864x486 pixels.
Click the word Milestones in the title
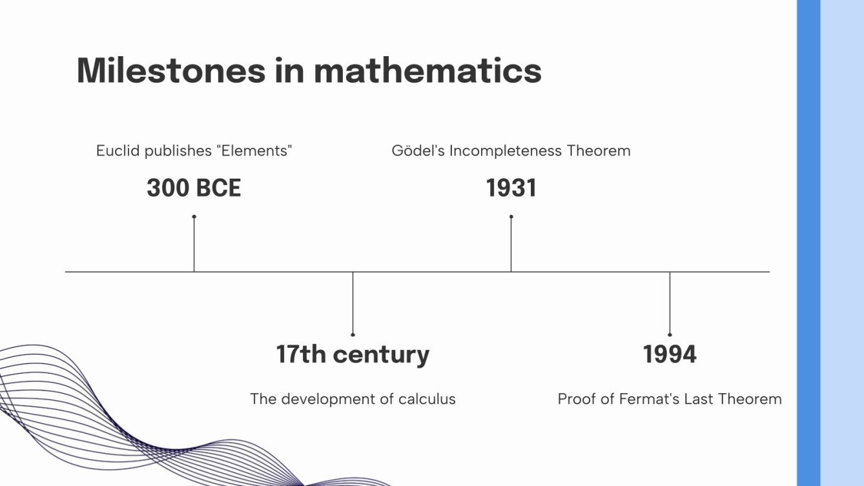pos(171,70)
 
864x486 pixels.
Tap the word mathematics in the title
pos(427,70)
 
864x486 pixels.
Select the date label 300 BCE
pos(194,188)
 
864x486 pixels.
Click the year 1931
pos(511,188)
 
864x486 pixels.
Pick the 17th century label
pos(353,354)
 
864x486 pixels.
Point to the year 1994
pos(670,354)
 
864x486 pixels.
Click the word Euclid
pos(118,150)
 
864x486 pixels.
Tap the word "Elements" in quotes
pos(254,150)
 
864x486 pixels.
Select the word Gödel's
pos(418,150)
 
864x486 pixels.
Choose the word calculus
pos(427,399)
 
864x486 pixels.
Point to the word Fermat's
pos(649,399)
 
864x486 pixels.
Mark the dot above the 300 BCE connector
pos(194,217)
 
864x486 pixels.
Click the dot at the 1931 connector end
pos(511,217)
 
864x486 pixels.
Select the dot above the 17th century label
pos(353,334)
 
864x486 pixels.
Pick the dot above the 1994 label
pos(670,334)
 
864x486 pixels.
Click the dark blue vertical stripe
pos(808,243)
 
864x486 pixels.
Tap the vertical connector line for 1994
pos(670,303)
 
